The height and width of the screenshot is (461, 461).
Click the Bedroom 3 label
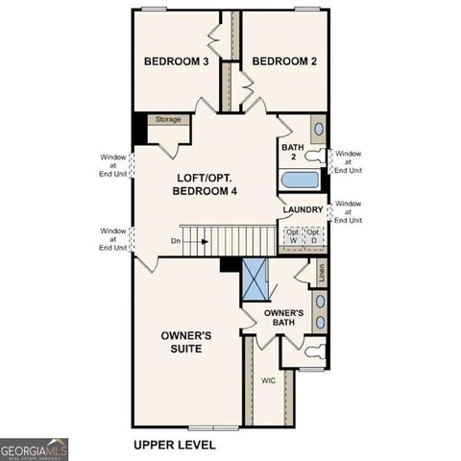point(177,61)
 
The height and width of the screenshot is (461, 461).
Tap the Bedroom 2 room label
point(284,61)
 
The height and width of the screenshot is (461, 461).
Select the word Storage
point(168,120)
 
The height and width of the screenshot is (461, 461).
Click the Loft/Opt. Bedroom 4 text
point(205,184)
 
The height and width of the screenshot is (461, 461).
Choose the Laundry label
point(303,209)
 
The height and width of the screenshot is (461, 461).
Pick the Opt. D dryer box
point(314,236)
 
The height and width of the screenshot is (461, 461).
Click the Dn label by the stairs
point(174,241)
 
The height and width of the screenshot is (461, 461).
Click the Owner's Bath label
point(283,319)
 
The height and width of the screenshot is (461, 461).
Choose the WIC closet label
point(269,380)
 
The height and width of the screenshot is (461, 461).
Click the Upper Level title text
point(174,445)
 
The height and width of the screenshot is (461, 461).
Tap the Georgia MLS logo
point(34,448)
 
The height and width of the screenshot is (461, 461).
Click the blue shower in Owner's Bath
point(256,281)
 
